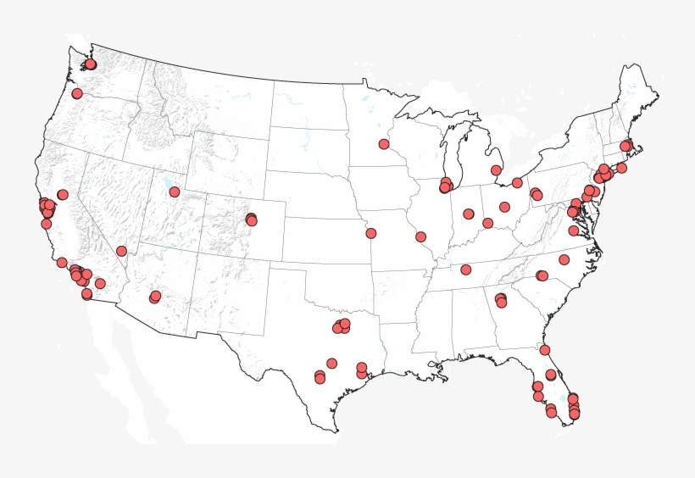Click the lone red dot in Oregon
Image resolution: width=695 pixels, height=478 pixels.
[77, 93]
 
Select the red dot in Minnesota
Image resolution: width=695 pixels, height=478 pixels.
[384, 144]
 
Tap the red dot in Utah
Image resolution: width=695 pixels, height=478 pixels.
[175, 192]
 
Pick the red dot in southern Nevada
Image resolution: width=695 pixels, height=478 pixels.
[122, 251]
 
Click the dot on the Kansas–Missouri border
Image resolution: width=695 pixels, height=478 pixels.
[371, 233]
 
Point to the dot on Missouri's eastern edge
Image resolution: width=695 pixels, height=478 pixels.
[421, 236]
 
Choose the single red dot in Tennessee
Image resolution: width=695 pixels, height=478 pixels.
[466, 270]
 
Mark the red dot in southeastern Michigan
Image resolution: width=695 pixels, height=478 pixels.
[496, 170]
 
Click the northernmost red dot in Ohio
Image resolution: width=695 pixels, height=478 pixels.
[517, 182]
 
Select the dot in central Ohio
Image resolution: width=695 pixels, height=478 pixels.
[505, 207]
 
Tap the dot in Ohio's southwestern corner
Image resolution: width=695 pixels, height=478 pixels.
[488, 223]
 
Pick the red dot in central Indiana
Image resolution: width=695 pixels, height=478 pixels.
[469, 214]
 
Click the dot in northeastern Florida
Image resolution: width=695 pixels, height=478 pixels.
[545, 350]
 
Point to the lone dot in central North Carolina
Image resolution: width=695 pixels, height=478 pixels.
[564, 259]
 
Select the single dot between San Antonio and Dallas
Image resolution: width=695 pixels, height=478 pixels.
[332, 363]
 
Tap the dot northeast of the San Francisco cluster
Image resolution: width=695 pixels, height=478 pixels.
[63, 195]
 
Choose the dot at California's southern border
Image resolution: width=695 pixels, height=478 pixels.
[86, 294]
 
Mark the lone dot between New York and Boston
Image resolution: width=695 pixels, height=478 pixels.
[621, 168]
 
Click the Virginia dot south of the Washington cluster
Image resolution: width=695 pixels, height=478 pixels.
[574, 231]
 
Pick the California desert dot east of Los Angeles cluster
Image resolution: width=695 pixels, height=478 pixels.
[100, 284]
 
